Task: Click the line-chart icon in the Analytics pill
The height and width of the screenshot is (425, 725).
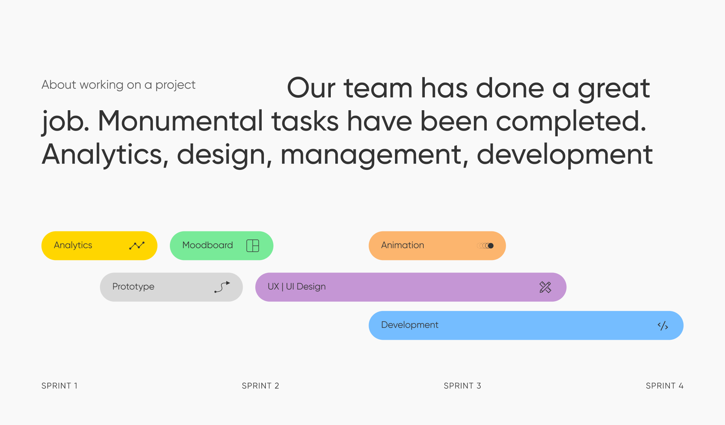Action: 137,246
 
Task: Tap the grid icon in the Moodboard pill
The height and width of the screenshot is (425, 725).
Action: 253,246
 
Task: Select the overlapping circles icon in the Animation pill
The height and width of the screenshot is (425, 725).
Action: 485,246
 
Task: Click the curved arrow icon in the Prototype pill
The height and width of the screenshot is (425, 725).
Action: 222,287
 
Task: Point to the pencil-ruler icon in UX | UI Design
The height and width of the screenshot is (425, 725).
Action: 545,287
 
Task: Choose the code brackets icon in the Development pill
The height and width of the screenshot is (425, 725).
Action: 663,326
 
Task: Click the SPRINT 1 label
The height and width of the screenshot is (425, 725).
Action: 59,386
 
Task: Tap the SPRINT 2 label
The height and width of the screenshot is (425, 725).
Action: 260,386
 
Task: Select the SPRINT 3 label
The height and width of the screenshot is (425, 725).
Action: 462,386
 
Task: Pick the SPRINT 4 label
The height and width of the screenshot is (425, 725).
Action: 665,386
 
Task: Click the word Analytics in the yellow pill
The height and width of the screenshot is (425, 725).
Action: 73,245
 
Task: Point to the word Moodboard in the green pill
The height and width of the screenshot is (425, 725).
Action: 208,245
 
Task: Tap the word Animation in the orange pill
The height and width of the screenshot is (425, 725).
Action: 403,245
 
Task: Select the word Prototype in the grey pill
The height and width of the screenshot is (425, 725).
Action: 133,287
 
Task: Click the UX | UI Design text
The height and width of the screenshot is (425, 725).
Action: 297,287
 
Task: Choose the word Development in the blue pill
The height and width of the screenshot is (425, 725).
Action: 410,325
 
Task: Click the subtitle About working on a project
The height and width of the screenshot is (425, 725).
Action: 119,85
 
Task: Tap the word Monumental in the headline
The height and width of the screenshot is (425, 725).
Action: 180,121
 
